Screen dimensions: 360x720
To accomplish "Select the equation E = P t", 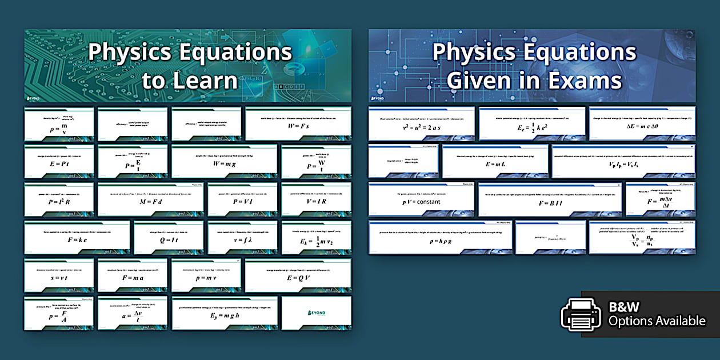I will (59, 163).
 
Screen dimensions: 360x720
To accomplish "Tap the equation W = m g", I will (225, 163).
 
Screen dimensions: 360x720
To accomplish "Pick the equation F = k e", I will (77, 241).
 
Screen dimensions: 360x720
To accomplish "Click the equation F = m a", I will (132, 278).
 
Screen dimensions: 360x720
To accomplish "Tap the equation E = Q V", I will (298, 278).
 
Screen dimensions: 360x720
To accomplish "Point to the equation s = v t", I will (59, 278).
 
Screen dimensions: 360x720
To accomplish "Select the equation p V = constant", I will (421, 202).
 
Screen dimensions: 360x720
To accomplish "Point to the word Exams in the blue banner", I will (580, 81).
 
